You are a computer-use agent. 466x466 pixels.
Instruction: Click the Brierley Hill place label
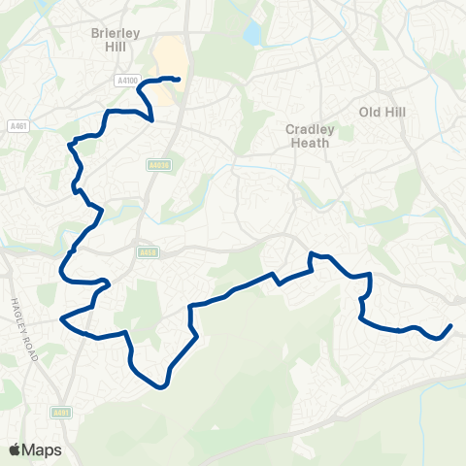[116, 38]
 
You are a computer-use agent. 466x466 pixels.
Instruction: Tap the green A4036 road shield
[160, 166]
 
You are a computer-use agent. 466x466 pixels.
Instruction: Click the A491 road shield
[62, 412]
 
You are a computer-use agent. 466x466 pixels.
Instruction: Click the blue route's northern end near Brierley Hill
[180, 79]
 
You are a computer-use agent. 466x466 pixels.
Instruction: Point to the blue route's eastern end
[451, 326]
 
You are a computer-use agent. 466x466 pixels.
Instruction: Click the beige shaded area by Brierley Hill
[168, 58]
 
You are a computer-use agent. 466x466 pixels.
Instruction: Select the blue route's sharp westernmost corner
[61, 317]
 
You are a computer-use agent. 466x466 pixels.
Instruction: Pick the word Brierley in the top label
[116, 30]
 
